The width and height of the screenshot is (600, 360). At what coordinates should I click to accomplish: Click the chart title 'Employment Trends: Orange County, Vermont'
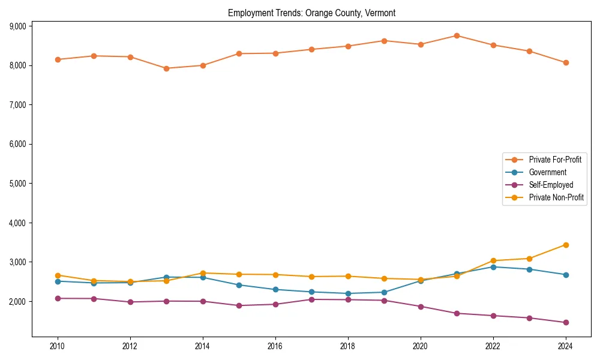[x=311, y=13]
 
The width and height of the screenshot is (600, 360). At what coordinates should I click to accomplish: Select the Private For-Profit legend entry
[x=554, y=160]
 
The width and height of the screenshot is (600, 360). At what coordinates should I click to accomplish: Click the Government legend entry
[x=547, y=172]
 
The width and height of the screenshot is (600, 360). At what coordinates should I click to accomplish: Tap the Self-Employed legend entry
[x=551, y=185]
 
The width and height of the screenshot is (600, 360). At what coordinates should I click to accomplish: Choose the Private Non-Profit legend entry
[x=556, y=197]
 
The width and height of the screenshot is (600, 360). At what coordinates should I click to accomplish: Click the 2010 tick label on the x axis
[x=58, y=346]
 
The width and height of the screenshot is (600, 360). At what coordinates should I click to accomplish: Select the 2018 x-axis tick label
[x=348, y=346]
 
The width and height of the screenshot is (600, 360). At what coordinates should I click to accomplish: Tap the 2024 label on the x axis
[x=566, y=346]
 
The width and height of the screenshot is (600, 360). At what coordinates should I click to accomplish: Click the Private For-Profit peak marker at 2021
[x=457, y=35]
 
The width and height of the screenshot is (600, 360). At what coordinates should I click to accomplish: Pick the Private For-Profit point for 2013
[x=166, y=68]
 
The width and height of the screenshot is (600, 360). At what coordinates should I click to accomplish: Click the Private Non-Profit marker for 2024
[x=566, y=245]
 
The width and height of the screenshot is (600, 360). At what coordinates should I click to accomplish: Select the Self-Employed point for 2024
[x=566, y=322]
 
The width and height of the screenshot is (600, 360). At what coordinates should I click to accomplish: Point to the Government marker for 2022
[x=493, y=267]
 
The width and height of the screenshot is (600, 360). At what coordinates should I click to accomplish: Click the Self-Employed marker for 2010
[x=58, y=298]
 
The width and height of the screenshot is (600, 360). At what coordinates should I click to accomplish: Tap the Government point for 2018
[x=348, y=293]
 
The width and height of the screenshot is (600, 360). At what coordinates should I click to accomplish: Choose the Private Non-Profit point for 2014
[x=203, y=273]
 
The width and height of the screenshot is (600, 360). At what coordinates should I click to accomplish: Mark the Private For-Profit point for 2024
[x=566, y=62]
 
